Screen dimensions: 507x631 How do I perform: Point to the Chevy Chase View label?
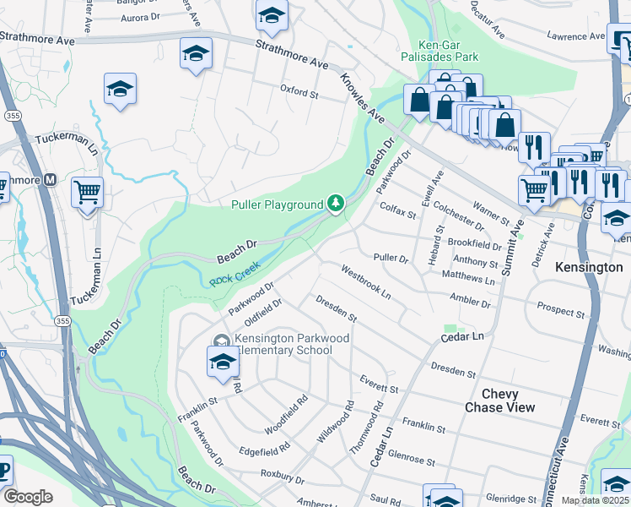click(x=499, y=401)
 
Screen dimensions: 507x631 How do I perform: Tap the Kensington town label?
click(x=589, y=267)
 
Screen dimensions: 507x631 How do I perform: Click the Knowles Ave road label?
click(x=362, y=98)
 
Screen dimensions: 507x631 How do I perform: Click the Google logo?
click(x=28, y=497)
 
